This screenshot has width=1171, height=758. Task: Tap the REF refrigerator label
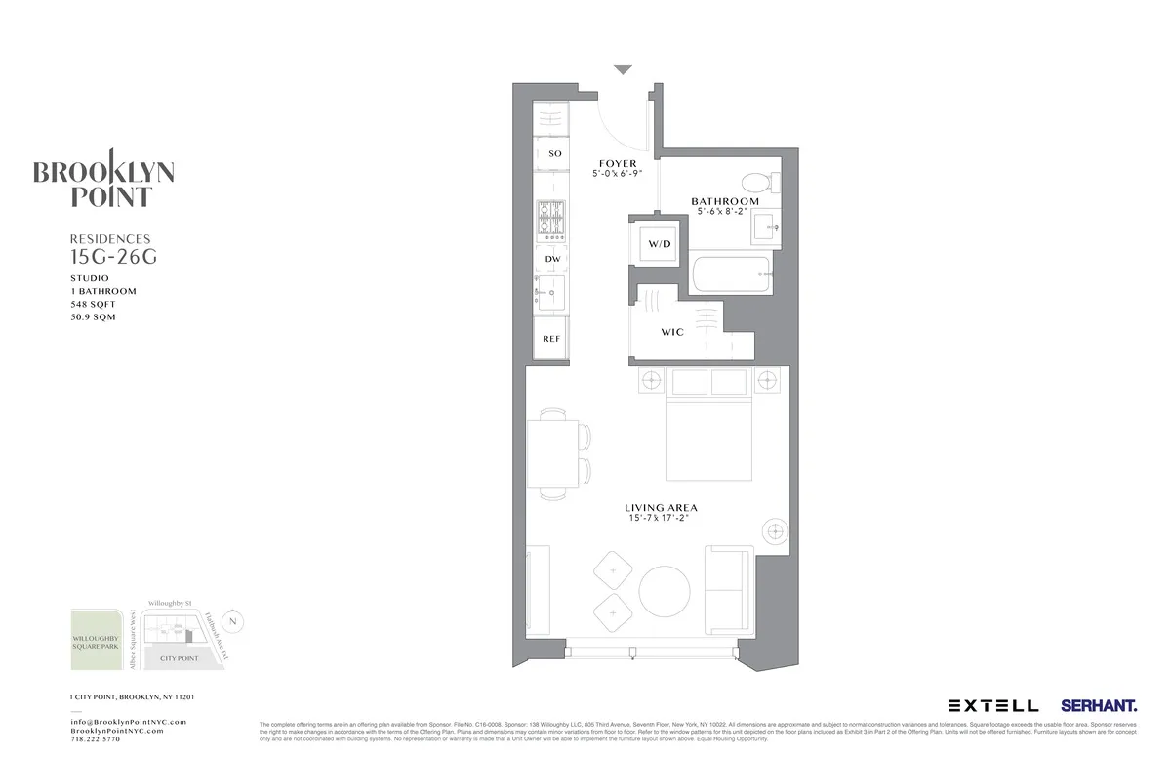[551, 339]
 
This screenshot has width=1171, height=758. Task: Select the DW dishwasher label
[552, 258]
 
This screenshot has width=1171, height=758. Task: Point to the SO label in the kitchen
[555, 154]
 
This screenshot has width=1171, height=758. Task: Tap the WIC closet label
[672, 332]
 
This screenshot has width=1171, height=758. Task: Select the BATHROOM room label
[725, 202]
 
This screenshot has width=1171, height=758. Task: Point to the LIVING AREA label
[661, 508]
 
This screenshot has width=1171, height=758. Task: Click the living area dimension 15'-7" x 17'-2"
[661, 519]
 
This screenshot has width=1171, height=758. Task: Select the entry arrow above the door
[623, 69]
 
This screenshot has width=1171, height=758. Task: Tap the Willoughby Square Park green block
[97, 641]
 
